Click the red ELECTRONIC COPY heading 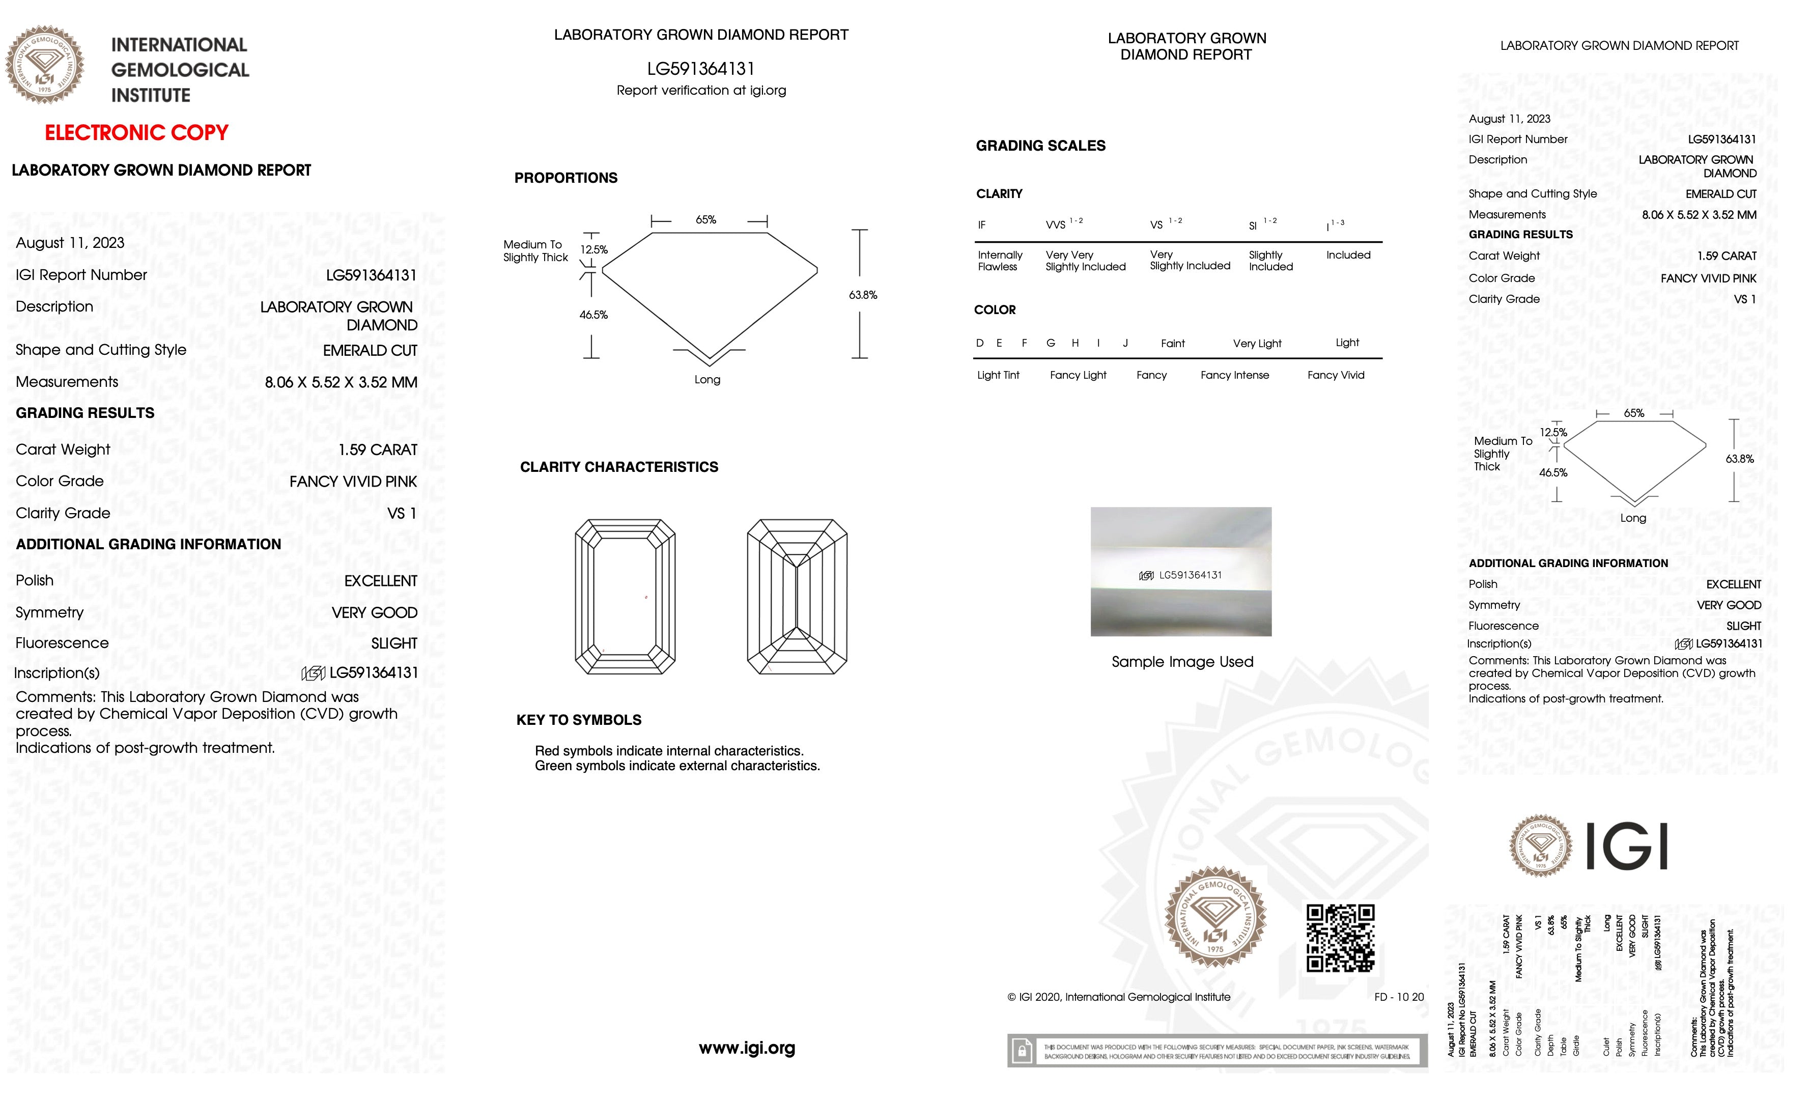136,133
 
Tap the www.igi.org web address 746,1048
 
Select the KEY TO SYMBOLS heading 579,720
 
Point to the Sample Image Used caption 1182,662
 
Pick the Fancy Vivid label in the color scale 1336,375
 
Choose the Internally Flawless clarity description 999,261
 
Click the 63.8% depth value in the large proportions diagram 862,295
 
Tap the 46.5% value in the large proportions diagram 593,315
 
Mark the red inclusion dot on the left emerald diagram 646,597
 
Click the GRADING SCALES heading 1040,146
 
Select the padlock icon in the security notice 1022,1051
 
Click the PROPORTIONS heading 565,178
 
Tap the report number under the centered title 701,69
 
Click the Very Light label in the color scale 1257,344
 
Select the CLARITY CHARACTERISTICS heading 618,467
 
